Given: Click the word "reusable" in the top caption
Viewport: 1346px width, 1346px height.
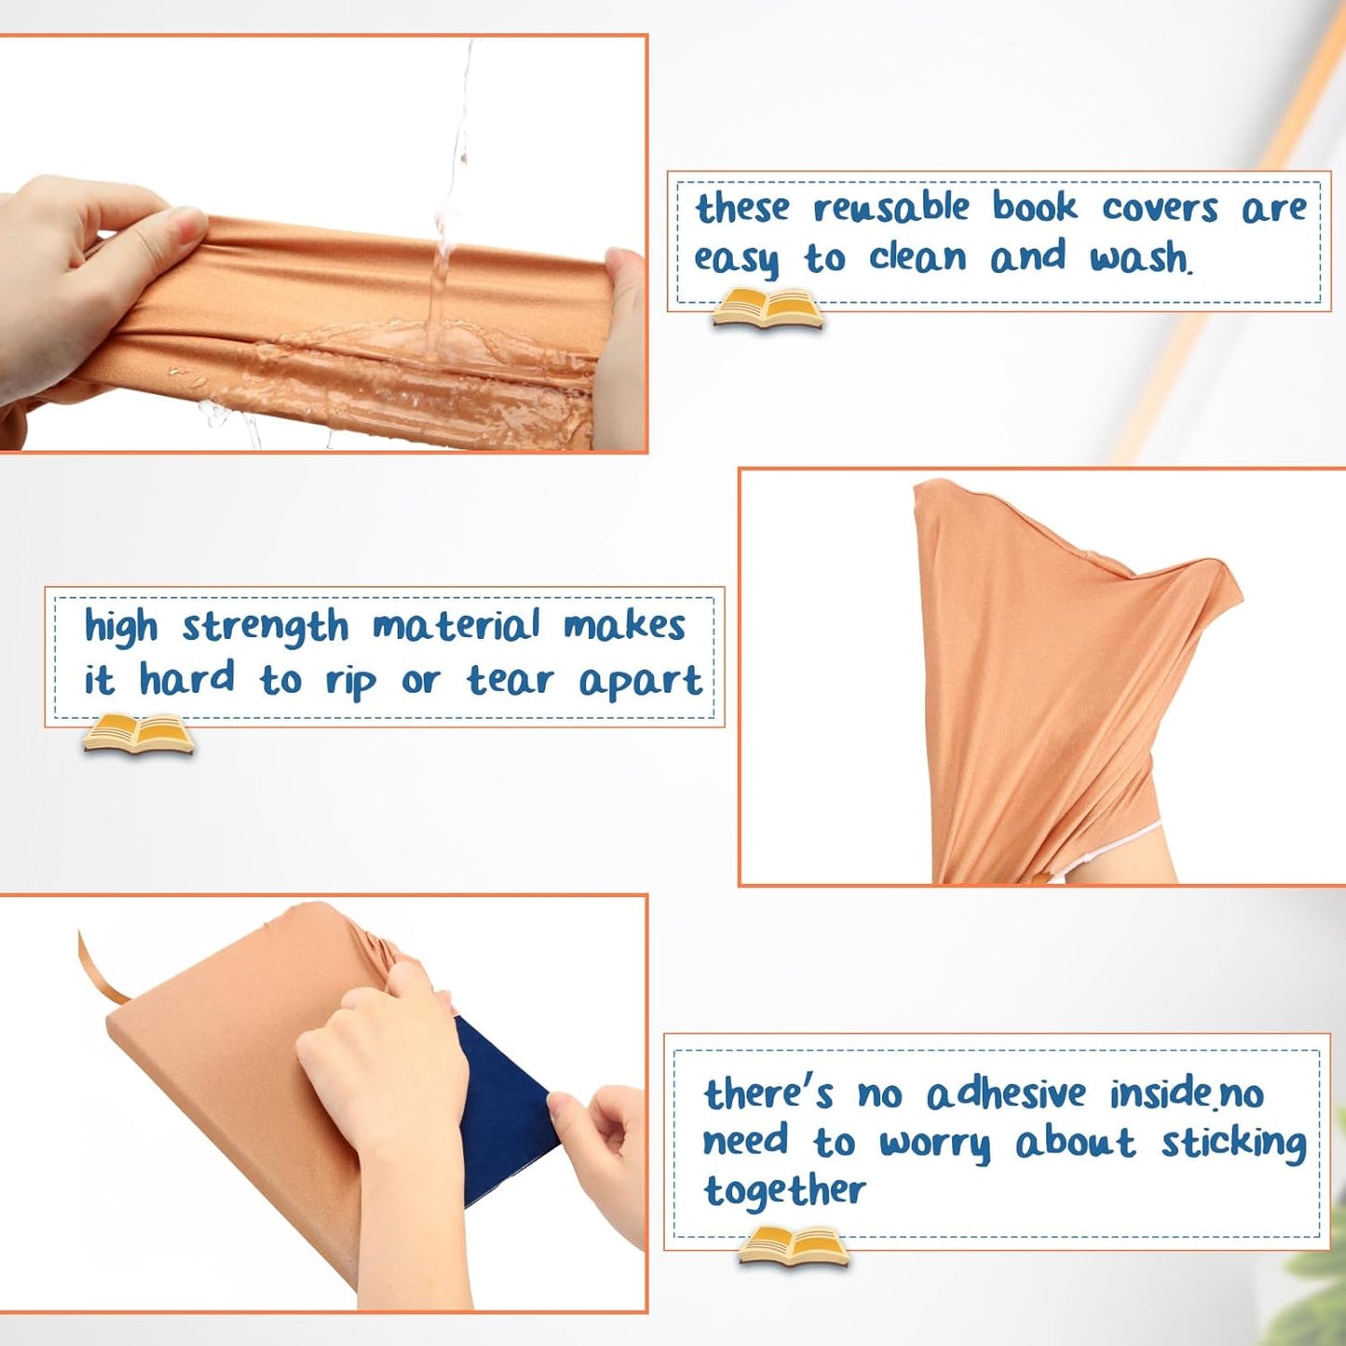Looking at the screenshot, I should tap(891, 208).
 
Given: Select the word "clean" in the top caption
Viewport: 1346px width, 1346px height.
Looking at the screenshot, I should tap(918, 257).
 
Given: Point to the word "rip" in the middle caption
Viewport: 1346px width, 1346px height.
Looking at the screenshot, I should tap(350, 682).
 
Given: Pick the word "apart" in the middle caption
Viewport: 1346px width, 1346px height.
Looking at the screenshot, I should tap(640, 682).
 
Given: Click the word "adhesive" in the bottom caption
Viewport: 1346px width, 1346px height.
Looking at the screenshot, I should tap(1006, 1094).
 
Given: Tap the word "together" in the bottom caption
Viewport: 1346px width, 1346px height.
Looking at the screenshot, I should tap(784, 1191).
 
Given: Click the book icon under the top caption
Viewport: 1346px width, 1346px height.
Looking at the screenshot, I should tap(767, 309).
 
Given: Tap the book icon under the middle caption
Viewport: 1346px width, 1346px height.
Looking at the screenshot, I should tap(138, 734).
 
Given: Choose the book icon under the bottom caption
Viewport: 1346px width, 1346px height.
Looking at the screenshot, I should tap(793, 1247).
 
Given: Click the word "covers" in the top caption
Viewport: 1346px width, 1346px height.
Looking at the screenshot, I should tap(1159, 208).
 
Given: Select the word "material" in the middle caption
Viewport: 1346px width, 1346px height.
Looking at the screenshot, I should tap(455, 626).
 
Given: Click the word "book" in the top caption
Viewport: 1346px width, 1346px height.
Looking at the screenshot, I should tap(1034, 206).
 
